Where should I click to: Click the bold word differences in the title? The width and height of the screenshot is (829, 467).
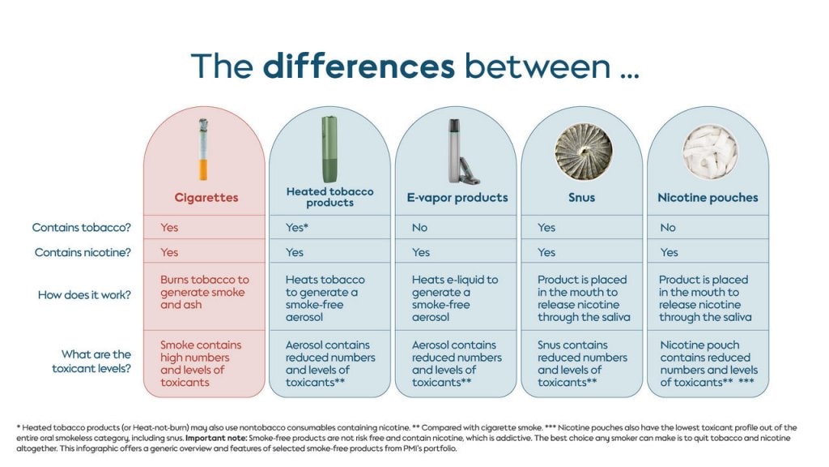tap(359, 66)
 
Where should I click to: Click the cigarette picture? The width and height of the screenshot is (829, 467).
tap(203, 149)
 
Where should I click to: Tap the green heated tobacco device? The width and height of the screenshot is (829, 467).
tap(329, 149)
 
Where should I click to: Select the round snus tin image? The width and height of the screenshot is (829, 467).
tap(583, 152)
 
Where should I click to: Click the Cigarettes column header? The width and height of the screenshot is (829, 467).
tap(206, 198)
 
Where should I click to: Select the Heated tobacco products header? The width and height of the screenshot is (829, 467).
tap(330, 197)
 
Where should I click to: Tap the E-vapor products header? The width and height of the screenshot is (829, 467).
tap(457, 198)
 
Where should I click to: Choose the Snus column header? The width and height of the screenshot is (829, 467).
tap(581, 198)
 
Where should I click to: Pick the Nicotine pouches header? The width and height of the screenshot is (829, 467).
tap(708, 198)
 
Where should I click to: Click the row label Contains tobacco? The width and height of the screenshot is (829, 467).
tap(82, 228)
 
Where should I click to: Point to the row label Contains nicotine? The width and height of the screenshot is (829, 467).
tap(83, 253)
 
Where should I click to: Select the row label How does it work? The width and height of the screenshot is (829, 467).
tap(84, 295)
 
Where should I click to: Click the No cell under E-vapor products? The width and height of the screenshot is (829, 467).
tap(420, 228)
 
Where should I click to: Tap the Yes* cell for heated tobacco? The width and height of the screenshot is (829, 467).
tap(296, 228)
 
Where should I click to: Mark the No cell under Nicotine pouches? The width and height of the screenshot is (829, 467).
tap(668, 228)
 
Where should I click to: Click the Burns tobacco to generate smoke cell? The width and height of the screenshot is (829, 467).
tap(205, 292)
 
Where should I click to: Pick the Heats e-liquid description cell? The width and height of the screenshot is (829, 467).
tap(455, 298)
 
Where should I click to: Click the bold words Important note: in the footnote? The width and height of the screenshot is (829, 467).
tap(215, 439)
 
